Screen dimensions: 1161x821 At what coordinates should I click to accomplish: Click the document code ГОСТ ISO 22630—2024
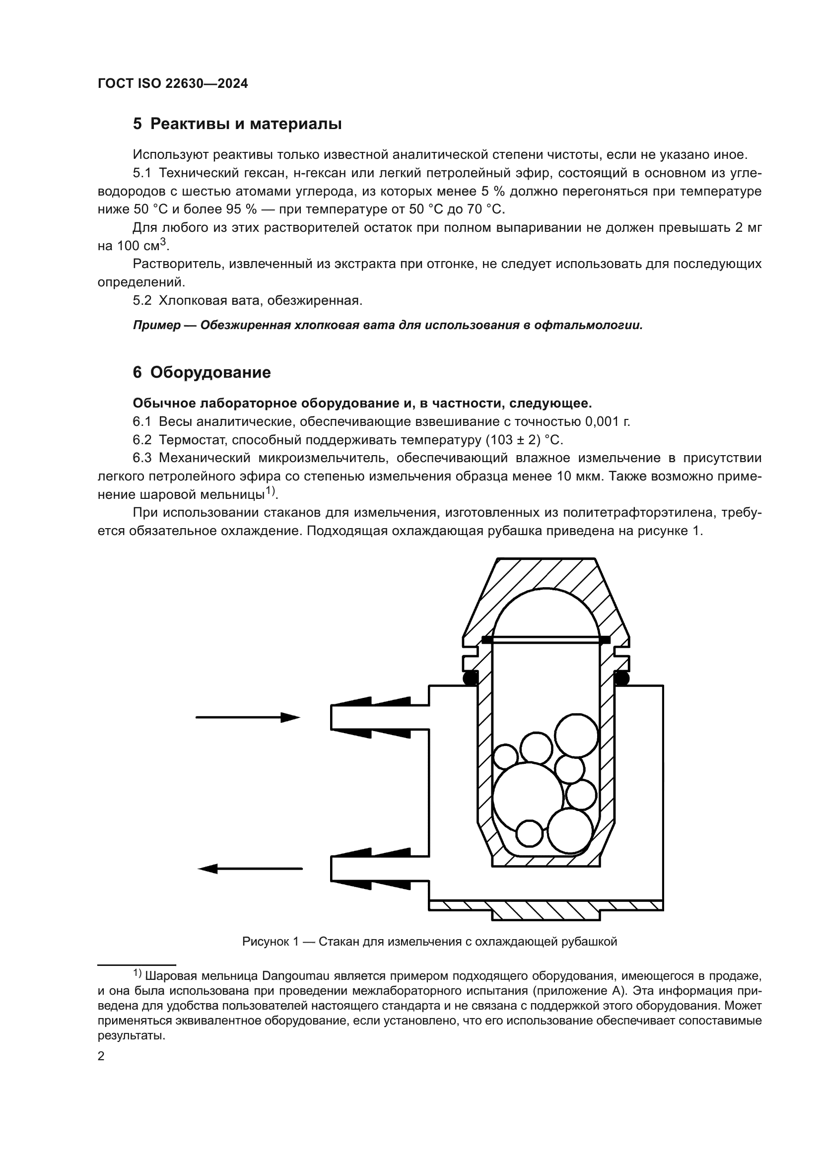pyautogui.click(x=173, y=84)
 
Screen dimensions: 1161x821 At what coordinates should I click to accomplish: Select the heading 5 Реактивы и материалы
pyautogui.click(x=237, y=124)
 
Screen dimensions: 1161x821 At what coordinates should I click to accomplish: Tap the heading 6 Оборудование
pyautogui.click(x=202, y=373)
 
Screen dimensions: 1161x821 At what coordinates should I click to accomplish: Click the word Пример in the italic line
pyautogui.click(x=156, y=325)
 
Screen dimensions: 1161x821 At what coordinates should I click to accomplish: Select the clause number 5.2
pyautogui.click(x=142, y=300)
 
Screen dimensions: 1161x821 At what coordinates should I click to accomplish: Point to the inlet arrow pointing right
pyautogui.click(x=248, y=717)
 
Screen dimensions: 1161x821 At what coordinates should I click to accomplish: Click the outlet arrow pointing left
pyautogui.click(x=250, y=869)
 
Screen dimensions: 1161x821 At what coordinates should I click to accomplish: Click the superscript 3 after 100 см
pyautogui.click(x=163, y=242)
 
